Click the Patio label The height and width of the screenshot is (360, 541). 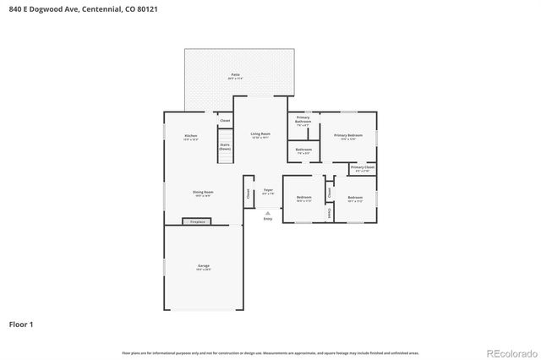[x=235, y=75]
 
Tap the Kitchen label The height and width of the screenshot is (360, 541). [x=191, y=137]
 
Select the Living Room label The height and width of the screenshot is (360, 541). [x=260, y=134]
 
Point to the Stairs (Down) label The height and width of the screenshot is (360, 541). [x=225, y=146]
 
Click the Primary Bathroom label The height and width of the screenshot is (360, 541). [x=303, y=118]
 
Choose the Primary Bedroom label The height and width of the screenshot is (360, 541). [x=348, y=135]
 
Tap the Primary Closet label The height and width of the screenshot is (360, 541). [x=363, y=168]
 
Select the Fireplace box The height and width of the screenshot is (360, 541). [x=196, y=222]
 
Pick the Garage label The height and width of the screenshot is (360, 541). [x=204, y=266]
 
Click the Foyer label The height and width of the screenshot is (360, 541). [x=268, y=190]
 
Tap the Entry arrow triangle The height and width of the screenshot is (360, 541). [x=268, y=212]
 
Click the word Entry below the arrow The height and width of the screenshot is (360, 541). [x=268, y=219]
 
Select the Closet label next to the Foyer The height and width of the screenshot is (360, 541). [x=249, y=193]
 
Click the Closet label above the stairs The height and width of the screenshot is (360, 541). [x=225, y=121]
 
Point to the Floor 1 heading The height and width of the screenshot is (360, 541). [x=21, y=324]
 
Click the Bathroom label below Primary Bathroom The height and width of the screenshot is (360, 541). [x=304, y=151]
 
